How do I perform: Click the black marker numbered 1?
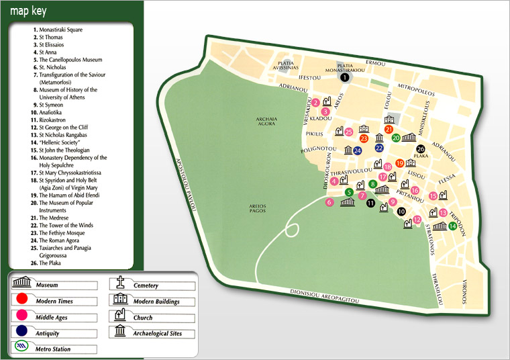click(344, 77)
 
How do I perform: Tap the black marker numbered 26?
click(421, 149)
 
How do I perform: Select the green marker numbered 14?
click(452, 226)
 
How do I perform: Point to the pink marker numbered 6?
click(329, 202)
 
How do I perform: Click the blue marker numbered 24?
click(357, 151)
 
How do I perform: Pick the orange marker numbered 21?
click(389, 129)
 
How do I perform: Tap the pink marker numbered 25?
click(348, 132)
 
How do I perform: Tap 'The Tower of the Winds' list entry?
click(66, 225)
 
